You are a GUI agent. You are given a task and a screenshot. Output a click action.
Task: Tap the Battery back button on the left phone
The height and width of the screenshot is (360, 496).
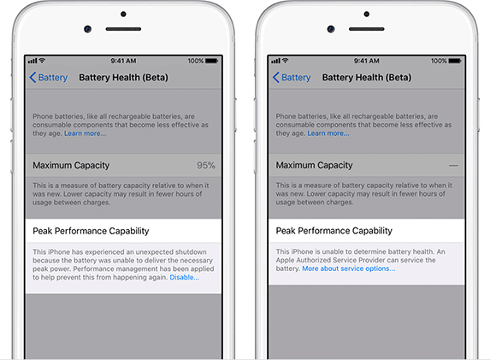coord(49,78)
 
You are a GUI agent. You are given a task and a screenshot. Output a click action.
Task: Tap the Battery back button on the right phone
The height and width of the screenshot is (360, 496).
coord(292,78)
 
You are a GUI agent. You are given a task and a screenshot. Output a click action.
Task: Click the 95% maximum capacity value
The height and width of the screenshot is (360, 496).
coord(206,165)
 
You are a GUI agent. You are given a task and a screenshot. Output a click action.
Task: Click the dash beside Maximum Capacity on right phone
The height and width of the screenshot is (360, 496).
coord(453,165)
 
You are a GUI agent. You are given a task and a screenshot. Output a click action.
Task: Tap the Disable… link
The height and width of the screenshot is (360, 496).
coord(185,277)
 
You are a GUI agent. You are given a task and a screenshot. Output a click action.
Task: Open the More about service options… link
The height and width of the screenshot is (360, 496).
coord(349,269)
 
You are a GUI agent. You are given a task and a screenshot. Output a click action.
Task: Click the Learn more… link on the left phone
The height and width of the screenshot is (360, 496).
coord(86,133)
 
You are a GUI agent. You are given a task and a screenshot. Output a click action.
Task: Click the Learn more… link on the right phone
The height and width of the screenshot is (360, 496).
coord(328,133)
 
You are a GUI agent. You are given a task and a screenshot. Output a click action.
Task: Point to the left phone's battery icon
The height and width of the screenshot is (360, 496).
coord(211,61)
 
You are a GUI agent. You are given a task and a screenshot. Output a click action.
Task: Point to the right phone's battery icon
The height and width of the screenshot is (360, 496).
coord(455,61)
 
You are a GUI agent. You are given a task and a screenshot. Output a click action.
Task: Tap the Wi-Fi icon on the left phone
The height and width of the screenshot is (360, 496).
coord(42,60)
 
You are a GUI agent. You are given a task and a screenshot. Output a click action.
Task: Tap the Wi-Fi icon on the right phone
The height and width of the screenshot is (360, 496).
coord(286,60)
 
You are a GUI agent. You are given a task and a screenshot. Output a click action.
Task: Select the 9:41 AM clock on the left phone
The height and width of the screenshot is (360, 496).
coord(123,61)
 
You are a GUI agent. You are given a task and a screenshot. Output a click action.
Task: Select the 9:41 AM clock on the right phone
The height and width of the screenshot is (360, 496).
coord(367,61)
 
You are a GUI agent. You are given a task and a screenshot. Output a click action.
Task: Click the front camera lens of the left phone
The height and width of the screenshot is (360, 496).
coord(87,29)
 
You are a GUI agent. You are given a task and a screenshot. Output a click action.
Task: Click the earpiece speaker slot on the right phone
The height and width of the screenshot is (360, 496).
coord(367,29)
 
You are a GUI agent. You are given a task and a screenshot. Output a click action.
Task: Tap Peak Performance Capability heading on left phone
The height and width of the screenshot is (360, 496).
coord(91,231)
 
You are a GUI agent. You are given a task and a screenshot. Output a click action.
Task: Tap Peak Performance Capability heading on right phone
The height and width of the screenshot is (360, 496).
coord(334,231)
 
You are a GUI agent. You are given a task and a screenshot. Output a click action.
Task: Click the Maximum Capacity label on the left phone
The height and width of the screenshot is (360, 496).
coord(71,165)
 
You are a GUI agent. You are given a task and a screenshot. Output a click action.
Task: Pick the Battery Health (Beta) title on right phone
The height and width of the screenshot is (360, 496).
coord(367,78)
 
